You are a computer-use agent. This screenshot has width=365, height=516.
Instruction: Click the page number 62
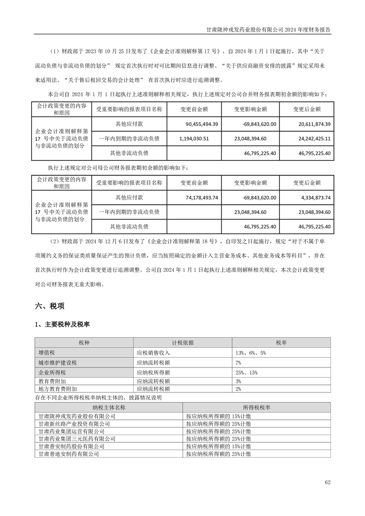(327, 482)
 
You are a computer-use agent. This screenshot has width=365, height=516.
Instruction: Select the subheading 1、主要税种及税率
(62, 325)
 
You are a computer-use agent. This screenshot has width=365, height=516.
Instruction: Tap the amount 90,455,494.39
(202, 124)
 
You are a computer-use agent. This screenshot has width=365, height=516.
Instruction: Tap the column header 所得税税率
(256, 407)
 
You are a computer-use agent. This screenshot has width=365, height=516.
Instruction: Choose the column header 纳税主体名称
(109, 407)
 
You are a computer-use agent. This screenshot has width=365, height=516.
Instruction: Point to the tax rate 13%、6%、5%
(250, 353)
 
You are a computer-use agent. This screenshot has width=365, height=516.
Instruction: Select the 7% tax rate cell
(238, 362)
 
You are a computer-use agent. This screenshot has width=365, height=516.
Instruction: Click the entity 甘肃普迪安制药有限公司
(69, 454)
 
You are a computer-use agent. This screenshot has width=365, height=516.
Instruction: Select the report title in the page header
(268, 29)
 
